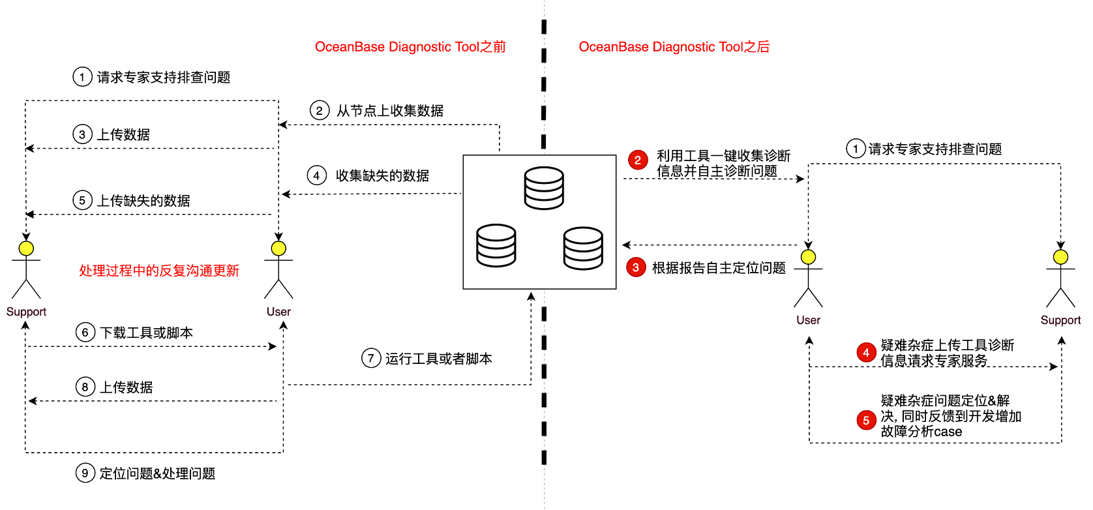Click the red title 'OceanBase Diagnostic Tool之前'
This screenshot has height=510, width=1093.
click(x=410, y=47)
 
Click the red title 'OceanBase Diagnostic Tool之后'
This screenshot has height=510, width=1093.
click(x=674, y=47)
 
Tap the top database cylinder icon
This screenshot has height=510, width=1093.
click(x=544, y=188)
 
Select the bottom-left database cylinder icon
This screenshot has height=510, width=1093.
click(x=496, y=245)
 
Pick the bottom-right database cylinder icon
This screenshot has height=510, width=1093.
click(x=583, y=248)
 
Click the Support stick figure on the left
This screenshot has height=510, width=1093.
click(x=26, y=270)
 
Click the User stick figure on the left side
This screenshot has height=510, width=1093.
click(x=278, y=270)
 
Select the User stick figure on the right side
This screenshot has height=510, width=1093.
click(x=808, y=278)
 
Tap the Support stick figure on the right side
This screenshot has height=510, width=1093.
click(x=1060, y=278)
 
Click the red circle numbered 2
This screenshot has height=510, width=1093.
click(x=638, y=160)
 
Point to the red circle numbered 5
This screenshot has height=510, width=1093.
click(x=866, y=421)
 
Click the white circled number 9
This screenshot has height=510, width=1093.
click(x=85, y=473)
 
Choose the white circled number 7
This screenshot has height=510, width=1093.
click(x=371, y=358)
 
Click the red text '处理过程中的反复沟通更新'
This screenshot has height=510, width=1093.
click(x=159, y=271)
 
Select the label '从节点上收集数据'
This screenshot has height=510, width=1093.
click(x=390, y=111)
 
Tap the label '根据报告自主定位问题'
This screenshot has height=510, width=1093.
click(x=719, y=268)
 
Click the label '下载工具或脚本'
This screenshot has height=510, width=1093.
click(x=146, y=333)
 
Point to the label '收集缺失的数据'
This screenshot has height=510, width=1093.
click(x=382, y=175)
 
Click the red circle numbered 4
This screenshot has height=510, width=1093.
click(x=866, y=353)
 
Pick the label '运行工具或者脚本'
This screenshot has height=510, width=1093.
click(x=438, y=359)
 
